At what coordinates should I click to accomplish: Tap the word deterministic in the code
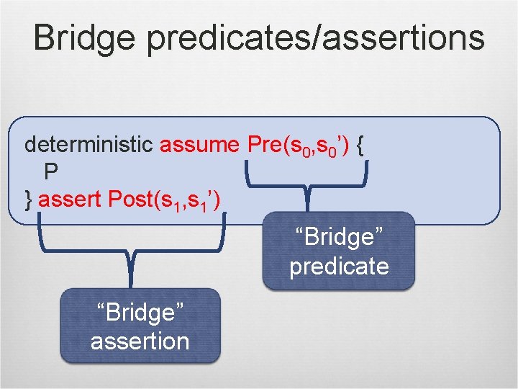tap(88, 145)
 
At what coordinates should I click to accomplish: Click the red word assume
tap(199, 145)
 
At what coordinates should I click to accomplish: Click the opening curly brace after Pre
tap(360, 146)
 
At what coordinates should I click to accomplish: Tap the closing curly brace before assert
tap(29, 199)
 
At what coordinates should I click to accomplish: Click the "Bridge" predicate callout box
tap(339, 251)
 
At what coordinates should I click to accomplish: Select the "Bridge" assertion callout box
tap(140, 325)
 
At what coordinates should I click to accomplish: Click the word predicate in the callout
tap(339, 266)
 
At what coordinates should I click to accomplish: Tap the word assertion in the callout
tap(140, 340)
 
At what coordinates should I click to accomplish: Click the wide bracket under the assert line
tap(132, 245)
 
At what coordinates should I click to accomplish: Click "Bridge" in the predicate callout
tap(339, 237)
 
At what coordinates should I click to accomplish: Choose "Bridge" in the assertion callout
tap(140, 312)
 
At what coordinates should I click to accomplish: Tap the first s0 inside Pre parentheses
tap(297, 147)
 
